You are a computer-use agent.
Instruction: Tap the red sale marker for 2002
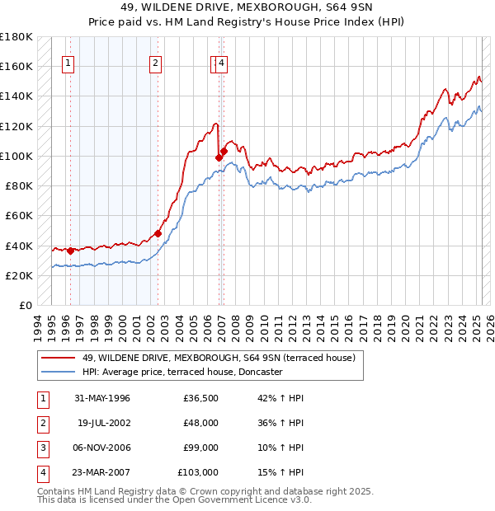(x=158, y=233)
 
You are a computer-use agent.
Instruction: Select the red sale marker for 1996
(x=70, y=251)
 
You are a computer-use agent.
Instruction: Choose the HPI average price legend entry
(x=182, y=372)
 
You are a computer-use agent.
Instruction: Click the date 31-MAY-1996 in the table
(x=102, y=398)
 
